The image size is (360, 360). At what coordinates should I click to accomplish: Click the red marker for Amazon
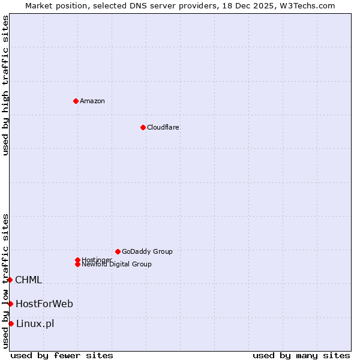point(76,101)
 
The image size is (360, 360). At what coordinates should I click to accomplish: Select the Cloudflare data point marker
point(143,127)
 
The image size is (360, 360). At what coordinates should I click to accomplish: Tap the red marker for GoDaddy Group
point(118,251)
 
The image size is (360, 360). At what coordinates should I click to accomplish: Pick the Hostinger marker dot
point(77,260)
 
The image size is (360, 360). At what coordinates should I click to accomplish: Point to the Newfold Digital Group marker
point(78,265)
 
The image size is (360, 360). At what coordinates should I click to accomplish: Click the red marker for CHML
point(10,280)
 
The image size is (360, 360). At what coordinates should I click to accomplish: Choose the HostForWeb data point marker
point(10,304)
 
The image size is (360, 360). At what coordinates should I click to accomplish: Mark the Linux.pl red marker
point(11,324)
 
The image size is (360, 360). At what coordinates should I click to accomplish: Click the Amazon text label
point(92,101)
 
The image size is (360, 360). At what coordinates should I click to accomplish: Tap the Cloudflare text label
point(163,127)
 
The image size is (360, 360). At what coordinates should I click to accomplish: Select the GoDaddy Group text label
point(147,251)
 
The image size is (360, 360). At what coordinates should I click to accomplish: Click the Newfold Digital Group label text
point(117,265)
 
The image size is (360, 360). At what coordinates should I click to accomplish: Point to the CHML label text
point(28,280)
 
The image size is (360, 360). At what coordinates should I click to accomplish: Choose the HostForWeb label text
point(44,304)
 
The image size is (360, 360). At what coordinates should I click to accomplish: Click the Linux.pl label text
point(35,324)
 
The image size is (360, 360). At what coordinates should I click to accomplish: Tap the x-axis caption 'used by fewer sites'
point(62,355)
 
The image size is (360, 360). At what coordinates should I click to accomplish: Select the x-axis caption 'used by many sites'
point(301,355)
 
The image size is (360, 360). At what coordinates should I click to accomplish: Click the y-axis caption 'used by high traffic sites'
point(5,85)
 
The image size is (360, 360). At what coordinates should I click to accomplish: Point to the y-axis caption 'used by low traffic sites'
point(5,281)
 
